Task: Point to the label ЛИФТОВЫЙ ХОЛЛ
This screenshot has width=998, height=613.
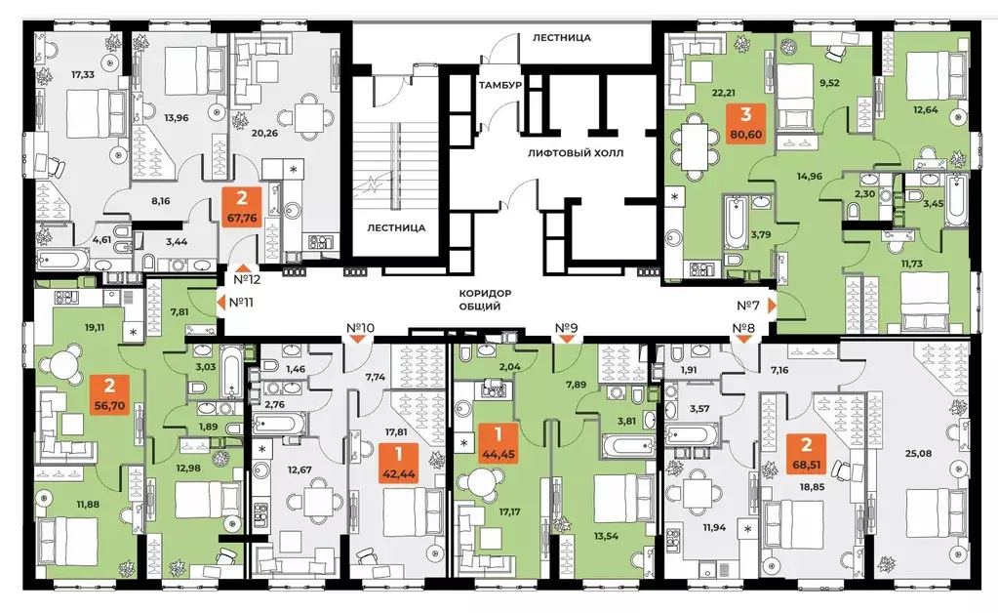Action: click(574, 154)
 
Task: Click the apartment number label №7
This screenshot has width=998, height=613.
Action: click(747, 305)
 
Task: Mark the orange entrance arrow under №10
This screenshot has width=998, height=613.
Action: click(360, 339)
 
